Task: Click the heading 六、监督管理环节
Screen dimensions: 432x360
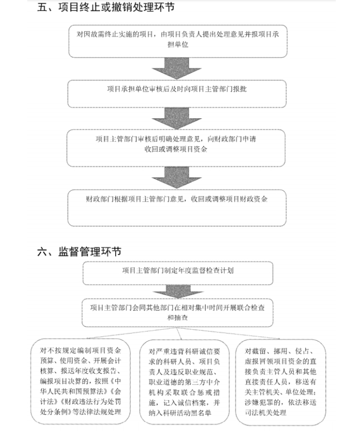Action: click(79, 252)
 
